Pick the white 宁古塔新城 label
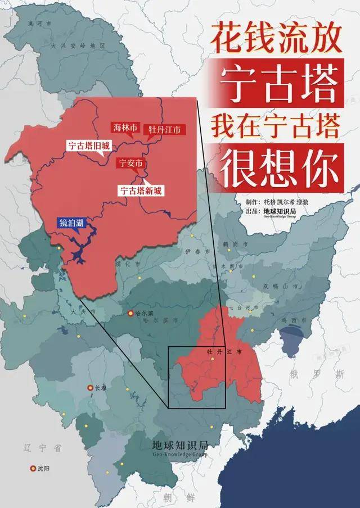pyautogui.click(x=141, y=190)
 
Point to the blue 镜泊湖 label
pyautogui.click(x=73, y=223)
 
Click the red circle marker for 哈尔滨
pyautogui.click(x=131, y=313)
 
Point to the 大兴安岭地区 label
pyautogui.click(x=70, y=44)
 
